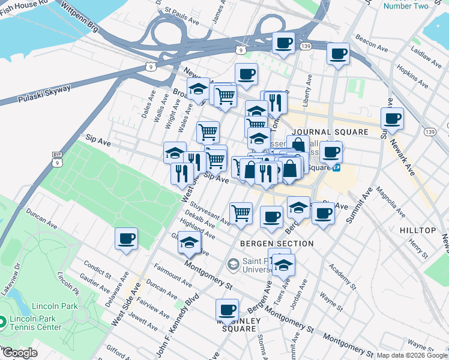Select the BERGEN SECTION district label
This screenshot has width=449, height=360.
277,244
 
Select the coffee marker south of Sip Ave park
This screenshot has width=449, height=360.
127,238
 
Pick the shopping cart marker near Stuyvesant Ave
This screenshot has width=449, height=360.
241,212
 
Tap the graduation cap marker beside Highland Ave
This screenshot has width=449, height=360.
189,243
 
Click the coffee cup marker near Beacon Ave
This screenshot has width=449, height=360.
338,54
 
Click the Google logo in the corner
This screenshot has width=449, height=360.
19,353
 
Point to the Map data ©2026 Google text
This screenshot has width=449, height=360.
412,355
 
